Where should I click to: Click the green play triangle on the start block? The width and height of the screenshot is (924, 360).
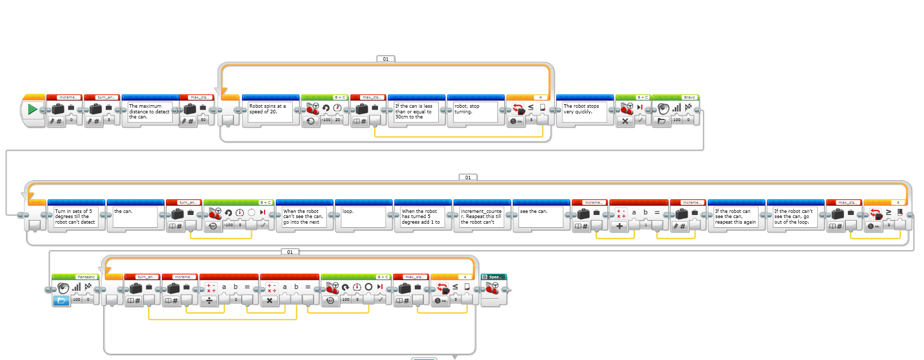point(32,109)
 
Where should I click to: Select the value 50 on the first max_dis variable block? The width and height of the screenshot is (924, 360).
point(203,120)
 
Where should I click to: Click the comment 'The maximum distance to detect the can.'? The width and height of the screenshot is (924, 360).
point(149,112)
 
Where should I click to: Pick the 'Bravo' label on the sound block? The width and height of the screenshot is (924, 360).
point(689,97)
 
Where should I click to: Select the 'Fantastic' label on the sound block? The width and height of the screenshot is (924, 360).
point(86,277)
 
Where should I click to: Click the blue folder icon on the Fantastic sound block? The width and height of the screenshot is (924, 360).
point(61,300)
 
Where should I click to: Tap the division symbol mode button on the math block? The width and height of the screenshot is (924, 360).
point(209,301)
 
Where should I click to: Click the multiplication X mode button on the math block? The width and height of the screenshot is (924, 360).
point(270,301)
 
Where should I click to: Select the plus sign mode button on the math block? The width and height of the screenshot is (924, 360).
point(620,226)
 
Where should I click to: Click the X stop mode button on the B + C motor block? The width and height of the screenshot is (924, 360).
point(625,121)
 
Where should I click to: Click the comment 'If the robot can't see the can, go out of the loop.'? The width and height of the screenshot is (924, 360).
point(795,217)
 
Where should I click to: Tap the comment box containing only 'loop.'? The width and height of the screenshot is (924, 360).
point(360,217)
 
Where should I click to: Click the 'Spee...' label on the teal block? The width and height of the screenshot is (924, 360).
point(495,277)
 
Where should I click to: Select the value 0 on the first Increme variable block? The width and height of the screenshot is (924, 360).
point(72,120)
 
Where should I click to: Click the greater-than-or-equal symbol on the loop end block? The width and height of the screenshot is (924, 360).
point(888,212)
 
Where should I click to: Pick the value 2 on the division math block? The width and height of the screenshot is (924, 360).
point(236,300)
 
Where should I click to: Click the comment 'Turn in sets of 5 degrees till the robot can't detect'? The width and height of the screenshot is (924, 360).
point(76,217)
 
